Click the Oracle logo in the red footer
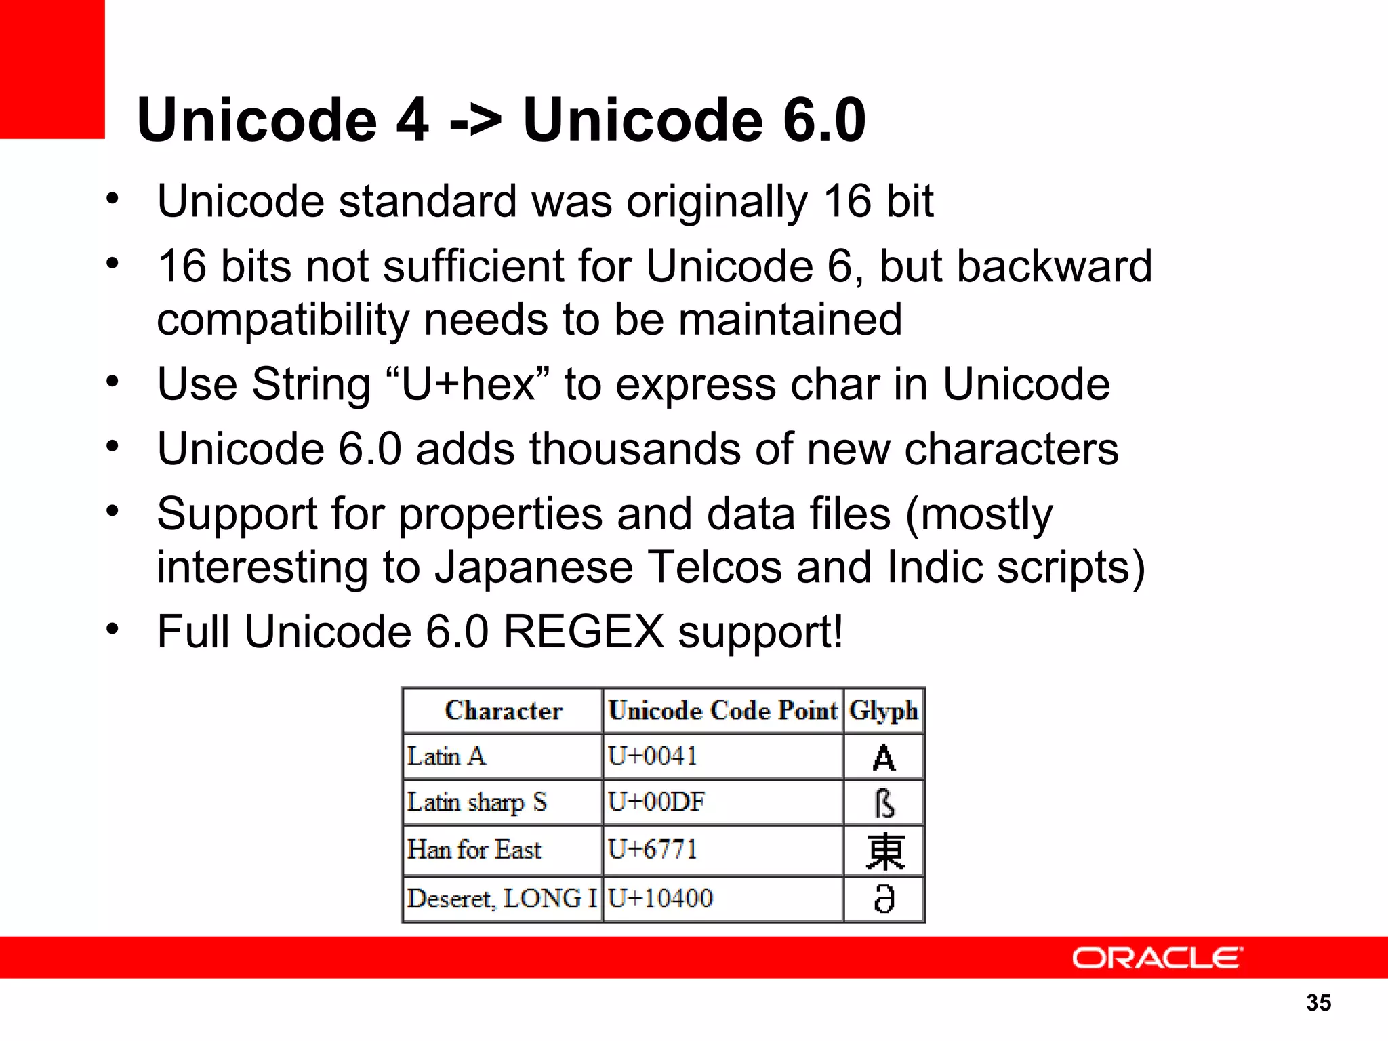point(1157,958)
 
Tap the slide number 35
point(1318,1002)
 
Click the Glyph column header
point(883,710)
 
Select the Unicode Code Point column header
point(722,710)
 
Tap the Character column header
point(503,710)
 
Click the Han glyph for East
point(884,851)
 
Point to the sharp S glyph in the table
point(884,804)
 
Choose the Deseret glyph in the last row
point(884,899)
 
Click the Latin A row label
point(446,756)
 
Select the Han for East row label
point(474,849)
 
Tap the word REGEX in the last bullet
point(584,632)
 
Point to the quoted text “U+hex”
point(468,384)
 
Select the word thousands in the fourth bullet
point(635,449)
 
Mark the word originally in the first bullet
point(716,202)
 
